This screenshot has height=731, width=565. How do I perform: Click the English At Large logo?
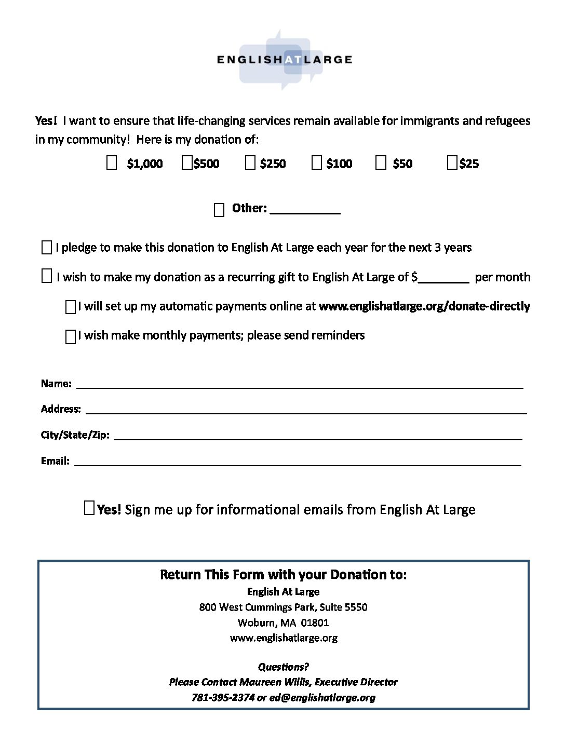(x=284, y=60)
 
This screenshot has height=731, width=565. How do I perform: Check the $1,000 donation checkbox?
(x=112, y=164)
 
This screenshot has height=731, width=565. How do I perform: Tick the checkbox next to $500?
(x=187, y=164)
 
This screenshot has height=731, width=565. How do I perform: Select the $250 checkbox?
(x=250, y=164)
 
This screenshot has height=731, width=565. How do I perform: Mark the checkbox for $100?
(x=317, y=164)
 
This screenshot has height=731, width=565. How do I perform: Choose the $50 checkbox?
(x=381, y=164)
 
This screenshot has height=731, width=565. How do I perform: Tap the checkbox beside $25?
(x=452, y=164)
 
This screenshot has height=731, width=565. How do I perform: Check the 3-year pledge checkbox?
(x=46, y=248)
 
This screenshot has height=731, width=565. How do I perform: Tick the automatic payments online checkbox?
(x=71, y=307)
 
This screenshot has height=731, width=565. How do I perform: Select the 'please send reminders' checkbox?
(x=71, y=337)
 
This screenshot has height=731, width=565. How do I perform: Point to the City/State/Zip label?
(x=75, y=435)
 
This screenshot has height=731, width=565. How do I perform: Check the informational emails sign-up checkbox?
(x=89, y=508)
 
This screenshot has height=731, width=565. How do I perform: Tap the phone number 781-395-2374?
(x=223, y=697)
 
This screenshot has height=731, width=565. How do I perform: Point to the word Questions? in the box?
(x=284, y=667)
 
